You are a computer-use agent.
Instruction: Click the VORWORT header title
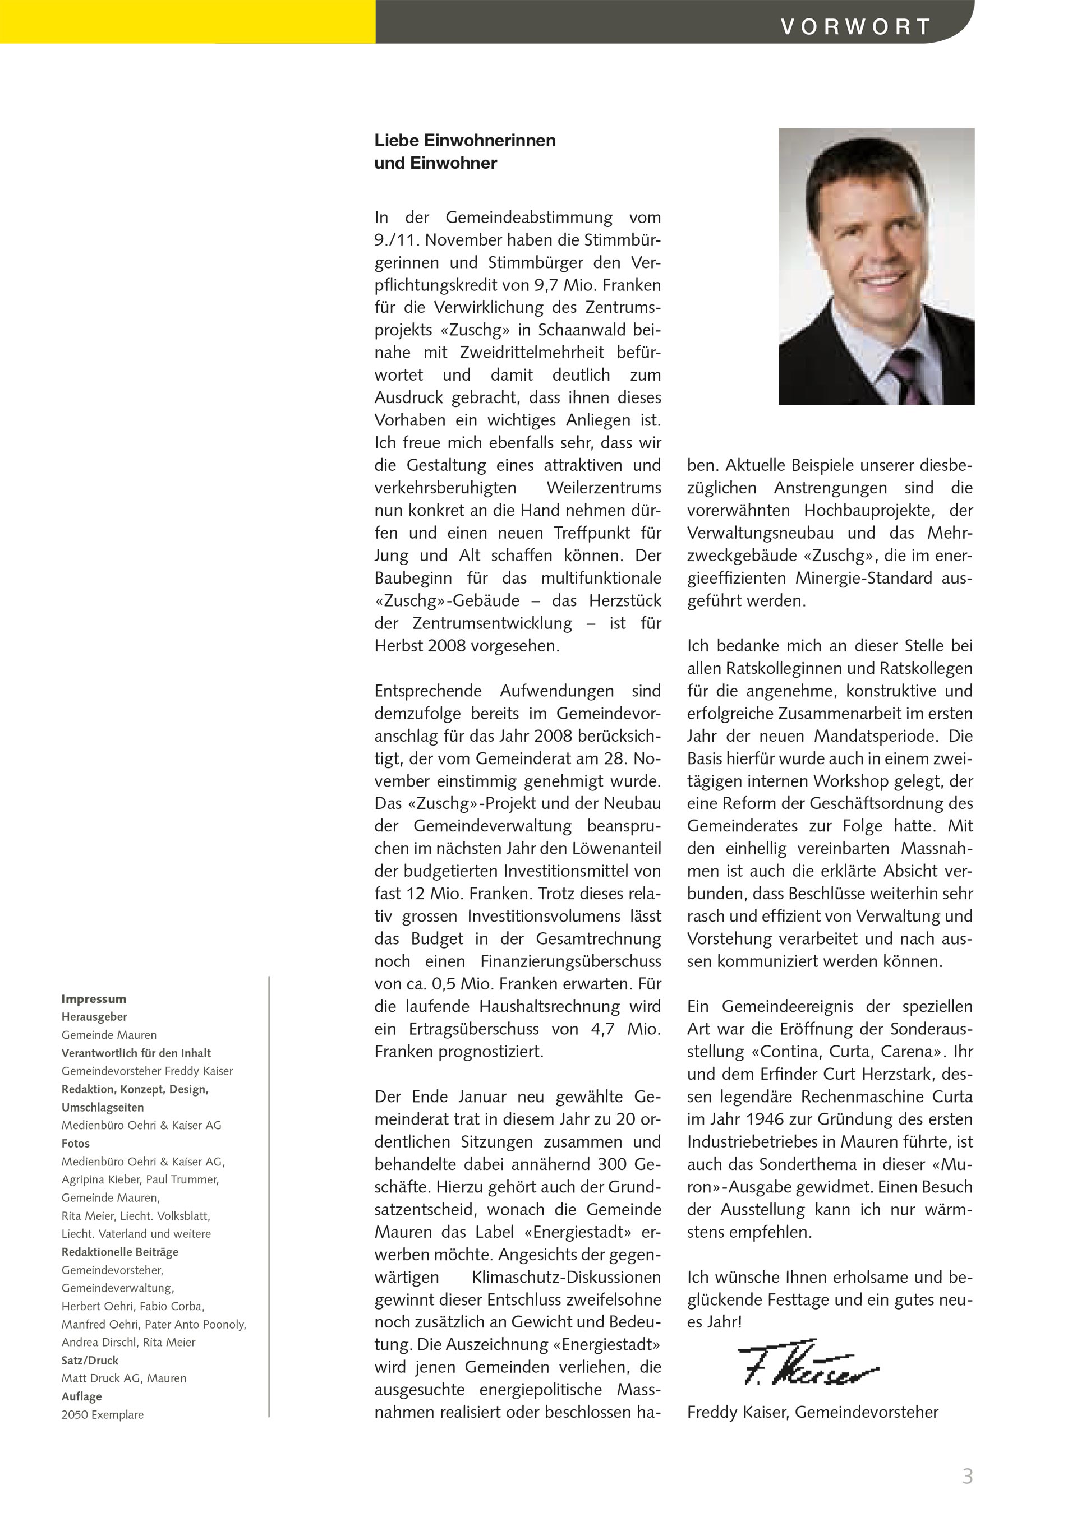click(855, 26)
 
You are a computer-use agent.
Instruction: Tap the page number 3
click(968, 1476)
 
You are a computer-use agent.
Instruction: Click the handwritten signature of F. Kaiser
click(807, 1372)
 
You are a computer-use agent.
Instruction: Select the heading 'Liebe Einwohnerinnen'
click(465, 141)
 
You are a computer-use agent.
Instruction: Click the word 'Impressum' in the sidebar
click(94, 999)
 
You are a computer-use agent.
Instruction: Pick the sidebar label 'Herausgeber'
click(94, 1017)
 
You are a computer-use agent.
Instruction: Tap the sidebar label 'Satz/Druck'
click(90, 1360)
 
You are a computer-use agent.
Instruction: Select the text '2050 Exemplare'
click(102, 1414)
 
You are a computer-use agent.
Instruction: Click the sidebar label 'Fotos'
click(76, 1144)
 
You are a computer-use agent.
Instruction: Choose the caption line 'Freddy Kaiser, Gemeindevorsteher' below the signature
click(812, 1413)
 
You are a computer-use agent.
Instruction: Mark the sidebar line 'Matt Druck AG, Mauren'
click(124, 1378)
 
